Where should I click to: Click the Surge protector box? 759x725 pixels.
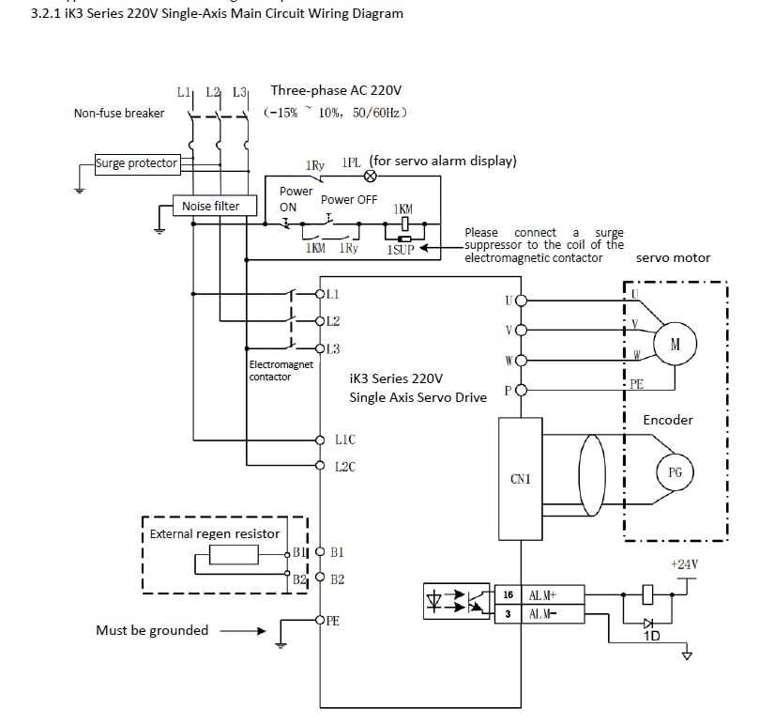pyautogui.click(x=137, y=163)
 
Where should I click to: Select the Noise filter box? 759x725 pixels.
pyautogui.click(x=211, y=206)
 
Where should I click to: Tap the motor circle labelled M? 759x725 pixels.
pyautogui.click(x=676, y=345)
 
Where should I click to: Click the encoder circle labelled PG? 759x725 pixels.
pyautogui.click(x=675, y=472)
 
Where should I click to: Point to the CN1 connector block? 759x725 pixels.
pyautogui.click(x=521, y=479)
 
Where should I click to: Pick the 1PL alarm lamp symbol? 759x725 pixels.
pyautogui.click(x=369, y=176)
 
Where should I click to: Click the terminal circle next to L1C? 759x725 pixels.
pyautogui.click(x=320, y=439)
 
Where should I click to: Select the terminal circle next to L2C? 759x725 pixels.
pyautogui.click(x=320, y=465)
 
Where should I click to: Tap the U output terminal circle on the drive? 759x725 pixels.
pyautogui.click(x=521, y=301)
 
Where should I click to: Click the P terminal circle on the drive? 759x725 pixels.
pyautogui.click(x=521, y=389)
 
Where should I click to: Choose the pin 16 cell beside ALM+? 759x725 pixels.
pyautogui.click(x=508, y=594)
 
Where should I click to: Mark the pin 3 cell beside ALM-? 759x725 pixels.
pyautogui.click(x=508, y=613)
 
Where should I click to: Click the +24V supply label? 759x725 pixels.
pyautogui.click(x=684, y=564)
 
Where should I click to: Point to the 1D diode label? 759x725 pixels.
pyautogui.click(x=651, y=636)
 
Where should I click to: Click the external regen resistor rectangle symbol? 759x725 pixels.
pyautogui.click(x=234, y=555)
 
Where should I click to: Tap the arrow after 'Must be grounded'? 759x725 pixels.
pyautogui.click(x=242, y=631)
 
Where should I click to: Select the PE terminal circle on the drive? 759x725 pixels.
pyautogui.click(x=320, y=619)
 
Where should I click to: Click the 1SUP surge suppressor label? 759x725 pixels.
pyautogui.click(x=401, y=249)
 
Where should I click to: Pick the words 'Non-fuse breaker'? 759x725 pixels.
pyautogui.click(x=119, y=114)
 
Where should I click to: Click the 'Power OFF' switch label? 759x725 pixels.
pyautogui.click(x=349, y=200)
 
